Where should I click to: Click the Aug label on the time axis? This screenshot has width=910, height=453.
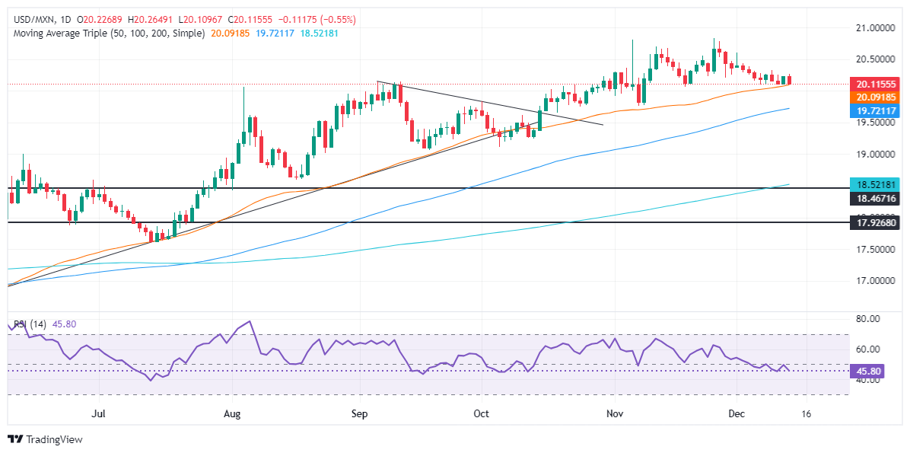tap(233, 413)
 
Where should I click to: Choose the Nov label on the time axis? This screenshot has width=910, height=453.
tap(616, 413)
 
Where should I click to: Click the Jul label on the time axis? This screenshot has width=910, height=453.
tap(98, 413)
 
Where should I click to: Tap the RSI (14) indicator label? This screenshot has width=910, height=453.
tap(29, 324)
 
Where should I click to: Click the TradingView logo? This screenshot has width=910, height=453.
tap(45, 439)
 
